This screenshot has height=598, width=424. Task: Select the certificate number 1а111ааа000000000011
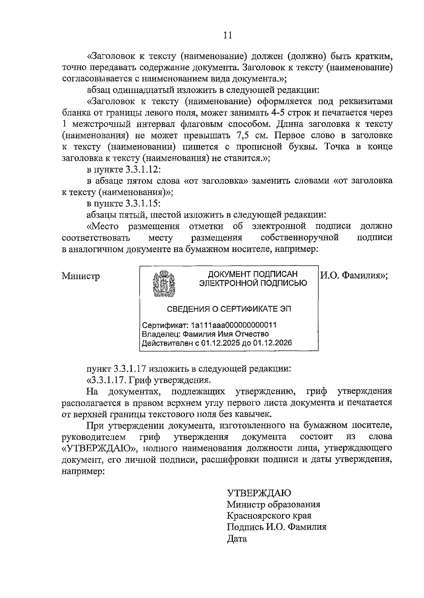click(233, 325)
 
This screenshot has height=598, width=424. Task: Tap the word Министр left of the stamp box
click(81, 276)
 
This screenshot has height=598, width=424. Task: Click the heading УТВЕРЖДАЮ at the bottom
click(259, 493)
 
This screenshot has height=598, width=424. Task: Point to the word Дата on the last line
click(237, 539)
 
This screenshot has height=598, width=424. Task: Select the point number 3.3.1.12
click(143, 169)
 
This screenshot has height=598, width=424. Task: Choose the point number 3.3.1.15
click(143, 203)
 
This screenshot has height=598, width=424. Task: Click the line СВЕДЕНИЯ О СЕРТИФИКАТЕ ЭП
click(229, 309)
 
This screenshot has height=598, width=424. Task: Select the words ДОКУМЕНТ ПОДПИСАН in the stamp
click(253, 274)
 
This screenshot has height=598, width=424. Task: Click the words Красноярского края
click(269, 516)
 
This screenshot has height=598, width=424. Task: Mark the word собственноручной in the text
click(300, 237)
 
